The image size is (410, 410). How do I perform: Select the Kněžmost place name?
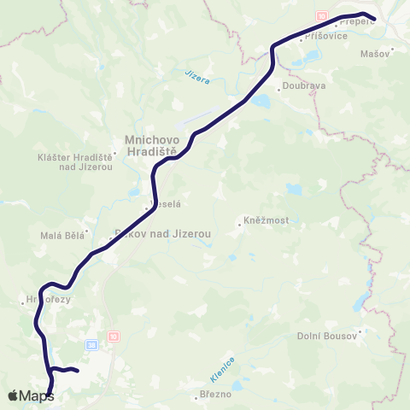click(266, 220)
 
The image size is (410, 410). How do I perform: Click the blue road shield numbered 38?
click(91, 345)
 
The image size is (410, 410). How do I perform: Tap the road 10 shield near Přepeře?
click(321, 15)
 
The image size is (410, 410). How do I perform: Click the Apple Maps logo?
click(32, 395)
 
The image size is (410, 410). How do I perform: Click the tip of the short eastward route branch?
click(78, 371)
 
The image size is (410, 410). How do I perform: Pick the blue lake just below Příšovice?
click(309, 56)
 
